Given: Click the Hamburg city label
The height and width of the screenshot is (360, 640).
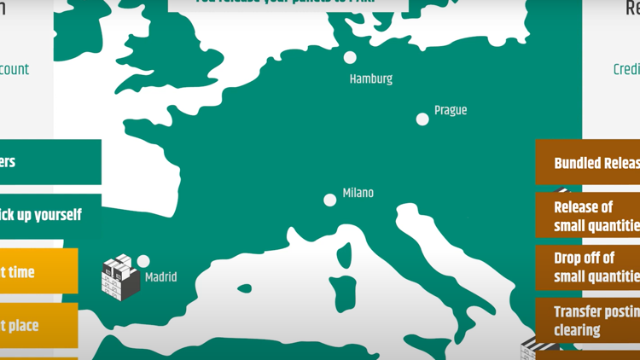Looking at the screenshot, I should [x=371, y=78].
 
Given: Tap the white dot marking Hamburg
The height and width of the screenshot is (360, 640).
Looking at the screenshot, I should [x=350, y=57].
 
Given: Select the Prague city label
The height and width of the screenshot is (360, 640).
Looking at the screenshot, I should [x=451, y=110].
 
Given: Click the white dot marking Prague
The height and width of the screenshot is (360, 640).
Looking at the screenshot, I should [x=422, y=119].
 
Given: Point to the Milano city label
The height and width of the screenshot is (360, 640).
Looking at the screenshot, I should [x=358, y=193].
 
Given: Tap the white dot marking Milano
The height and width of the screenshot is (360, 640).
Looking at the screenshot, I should [x=330, y=200].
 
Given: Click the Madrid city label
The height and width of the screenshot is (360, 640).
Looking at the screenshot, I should [x=161, y=277].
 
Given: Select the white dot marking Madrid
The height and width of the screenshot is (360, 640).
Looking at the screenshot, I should [x=143, y=261].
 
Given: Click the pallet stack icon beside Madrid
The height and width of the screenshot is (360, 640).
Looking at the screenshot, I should [x=120, y=278].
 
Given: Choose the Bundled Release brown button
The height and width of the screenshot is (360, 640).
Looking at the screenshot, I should [x=588, y=163].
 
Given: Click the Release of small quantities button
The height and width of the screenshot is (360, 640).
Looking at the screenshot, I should [x=588, y=216].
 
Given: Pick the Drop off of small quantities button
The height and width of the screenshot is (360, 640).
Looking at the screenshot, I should [x=588, y=267].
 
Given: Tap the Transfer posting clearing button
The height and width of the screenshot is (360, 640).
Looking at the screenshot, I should [x=588, y=321].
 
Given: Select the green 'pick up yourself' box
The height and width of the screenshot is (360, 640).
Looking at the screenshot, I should [x=50, y=215].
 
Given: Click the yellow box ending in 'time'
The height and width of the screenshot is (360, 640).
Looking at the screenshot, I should [x=38, y=272].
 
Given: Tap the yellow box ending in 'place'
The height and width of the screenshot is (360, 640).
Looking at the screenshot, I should [x=38, y=325].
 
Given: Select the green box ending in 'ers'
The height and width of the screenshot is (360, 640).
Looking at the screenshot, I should [x=50, y=162].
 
